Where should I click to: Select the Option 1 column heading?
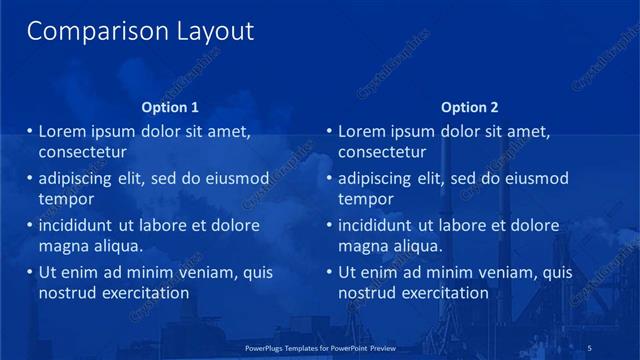tap(170, 107)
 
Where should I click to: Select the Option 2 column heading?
tap(469, 107)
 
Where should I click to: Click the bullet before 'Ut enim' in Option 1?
tap(30, 272)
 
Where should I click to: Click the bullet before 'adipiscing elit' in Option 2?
tap(330, 179)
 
